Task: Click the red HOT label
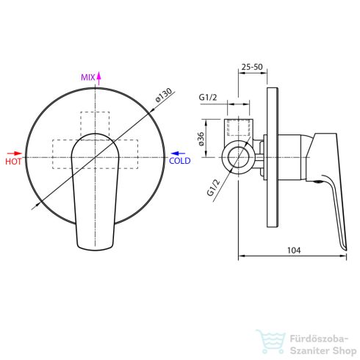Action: point(13,162)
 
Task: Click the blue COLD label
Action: point(180,161)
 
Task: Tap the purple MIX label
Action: point(88,77)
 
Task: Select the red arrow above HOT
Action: point(15,154)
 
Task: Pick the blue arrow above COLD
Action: point(178,154)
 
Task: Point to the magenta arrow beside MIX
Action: point(98,78)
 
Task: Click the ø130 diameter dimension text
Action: point(163,95)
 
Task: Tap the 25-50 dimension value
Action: point(252,67)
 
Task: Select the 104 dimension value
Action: point(294,250)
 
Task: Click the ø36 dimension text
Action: point(201,139)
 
